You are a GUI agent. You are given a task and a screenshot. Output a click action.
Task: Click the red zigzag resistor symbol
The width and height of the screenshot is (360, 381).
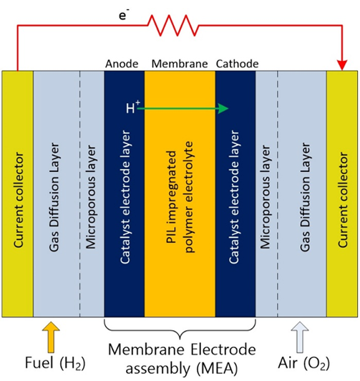point(173,25)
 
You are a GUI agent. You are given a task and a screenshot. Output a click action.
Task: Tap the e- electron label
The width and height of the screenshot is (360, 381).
point(124,14)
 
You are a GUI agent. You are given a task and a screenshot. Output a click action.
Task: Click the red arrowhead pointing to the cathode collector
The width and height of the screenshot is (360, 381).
point(342,65)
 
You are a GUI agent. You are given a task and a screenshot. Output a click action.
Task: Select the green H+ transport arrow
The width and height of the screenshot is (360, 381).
point(183,109)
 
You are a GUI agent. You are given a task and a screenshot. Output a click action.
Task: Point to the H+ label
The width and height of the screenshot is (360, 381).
point(133,107)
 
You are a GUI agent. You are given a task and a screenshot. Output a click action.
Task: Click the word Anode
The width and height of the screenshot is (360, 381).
point(122,64)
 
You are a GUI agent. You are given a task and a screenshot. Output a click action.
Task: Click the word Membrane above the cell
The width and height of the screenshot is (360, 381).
point(180,64)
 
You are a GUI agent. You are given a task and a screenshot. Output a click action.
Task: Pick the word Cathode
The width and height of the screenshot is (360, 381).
point(237,64)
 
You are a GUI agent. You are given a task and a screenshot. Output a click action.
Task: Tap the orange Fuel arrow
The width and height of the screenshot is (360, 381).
point(51,337)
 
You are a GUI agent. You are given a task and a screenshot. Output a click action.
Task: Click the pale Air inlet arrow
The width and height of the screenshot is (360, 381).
point(300,337)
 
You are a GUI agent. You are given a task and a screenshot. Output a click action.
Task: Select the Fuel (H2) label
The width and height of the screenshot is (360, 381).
point(55,363)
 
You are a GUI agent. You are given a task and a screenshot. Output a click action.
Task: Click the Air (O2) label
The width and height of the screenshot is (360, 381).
point(304,363)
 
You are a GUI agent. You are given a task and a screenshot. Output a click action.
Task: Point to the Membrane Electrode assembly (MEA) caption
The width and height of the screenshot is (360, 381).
point(182,359)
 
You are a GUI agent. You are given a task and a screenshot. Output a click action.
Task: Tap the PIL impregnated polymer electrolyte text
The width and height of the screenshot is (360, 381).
point(180,197)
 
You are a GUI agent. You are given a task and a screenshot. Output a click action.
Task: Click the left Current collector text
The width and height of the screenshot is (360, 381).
point(19,200)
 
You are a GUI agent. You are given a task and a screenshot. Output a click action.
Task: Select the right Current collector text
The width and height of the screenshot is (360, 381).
point(343,200)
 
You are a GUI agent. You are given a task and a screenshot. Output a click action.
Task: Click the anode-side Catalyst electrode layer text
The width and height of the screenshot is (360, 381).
point(125,197)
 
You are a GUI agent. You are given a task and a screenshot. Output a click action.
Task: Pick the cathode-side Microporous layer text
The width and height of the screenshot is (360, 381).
point(265,197)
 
